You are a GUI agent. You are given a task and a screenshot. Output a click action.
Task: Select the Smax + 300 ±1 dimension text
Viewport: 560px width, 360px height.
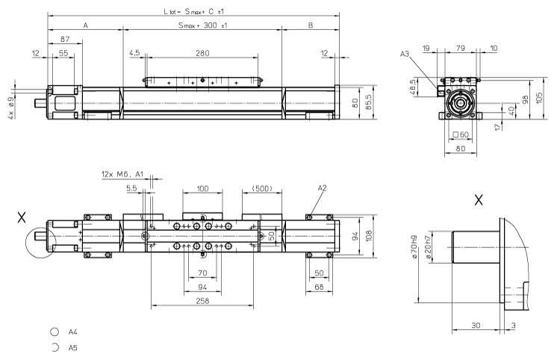coord(202,25)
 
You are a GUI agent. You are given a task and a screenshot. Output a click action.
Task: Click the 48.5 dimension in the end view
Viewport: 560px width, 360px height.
coord(434,88)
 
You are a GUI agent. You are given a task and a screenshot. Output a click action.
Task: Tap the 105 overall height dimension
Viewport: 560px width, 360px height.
coord(539,98)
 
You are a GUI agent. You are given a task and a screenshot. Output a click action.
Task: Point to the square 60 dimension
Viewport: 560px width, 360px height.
coord(461,135)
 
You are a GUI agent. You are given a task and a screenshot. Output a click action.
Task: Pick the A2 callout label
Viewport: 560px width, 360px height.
coord(322,188)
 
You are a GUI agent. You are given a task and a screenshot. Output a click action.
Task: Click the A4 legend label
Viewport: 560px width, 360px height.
coord(73,334)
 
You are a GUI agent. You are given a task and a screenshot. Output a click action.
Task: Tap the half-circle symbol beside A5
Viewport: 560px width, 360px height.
coord(55,347)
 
